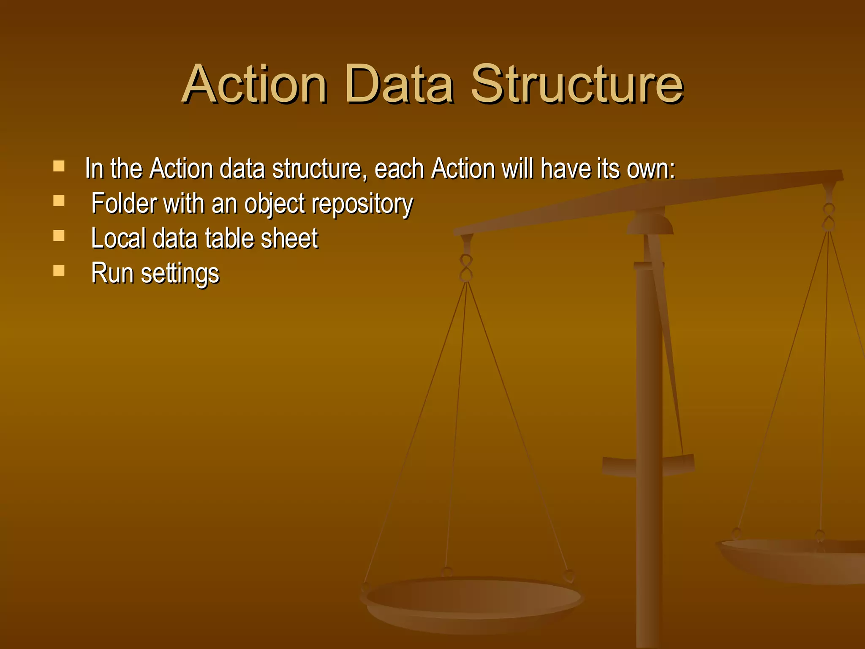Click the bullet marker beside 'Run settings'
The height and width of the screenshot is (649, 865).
point(59,270)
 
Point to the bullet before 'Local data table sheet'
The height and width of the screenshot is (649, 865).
point(59,235)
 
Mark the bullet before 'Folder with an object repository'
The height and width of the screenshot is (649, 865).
point(59,201)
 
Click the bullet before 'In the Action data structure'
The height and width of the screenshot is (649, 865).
point(59,166)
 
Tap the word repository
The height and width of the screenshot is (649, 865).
point(362,205)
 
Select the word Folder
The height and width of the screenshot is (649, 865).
point(123,204)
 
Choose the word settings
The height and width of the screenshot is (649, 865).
point(180,274)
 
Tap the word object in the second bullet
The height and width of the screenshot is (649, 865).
point(275,205)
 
